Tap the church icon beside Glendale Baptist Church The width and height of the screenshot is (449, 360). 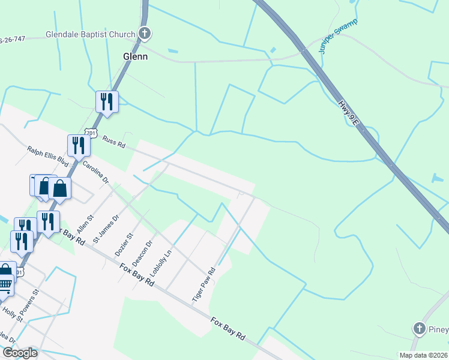pos(145,34)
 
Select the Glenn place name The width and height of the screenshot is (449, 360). pos(135,56)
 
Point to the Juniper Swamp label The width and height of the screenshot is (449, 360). pos(339,37)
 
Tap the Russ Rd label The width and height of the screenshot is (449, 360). pos(113,142)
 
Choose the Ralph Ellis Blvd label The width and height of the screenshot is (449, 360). pos(48,155)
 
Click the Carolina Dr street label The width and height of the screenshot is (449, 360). pos(96,172)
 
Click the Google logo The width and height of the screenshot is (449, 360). pos(19,353)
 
